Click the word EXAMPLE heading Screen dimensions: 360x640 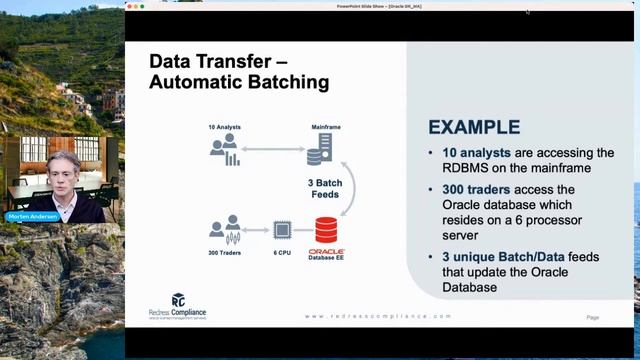click(x=474, y=127)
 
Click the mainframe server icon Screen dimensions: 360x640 click(x=319, y=150)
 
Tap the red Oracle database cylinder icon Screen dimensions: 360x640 click(x=326, y=229)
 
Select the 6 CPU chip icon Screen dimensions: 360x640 click(x=283, y=230)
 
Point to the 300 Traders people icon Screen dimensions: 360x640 click(x=225, y=230)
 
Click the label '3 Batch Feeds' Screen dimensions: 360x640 click(x=326, y=189)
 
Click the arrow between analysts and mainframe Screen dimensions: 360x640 click(x=271, y=150)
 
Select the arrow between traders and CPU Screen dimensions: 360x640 click(x=256, y=230)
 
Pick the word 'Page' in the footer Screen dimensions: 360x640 click(x=593, y=317)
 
